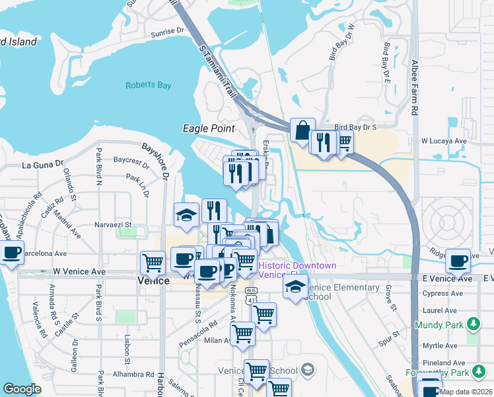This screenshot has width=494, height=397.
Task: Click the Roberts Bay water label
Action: click(149, 85)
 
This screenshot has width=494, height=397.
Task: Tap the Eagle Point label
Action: click(204, 128)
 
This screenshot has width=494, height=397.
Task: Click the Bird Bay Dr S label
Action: click(355, 126)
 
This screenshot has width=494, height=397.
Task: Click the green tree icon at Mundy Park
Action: click(473, 324)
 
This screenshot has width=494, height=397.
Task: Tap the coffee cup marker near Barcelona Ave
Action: click(12, 252)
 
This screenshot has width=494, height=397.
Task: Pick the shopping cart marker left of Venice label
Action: click(153, 263)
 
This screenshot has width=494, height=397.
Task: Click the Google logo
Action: click(22, 389)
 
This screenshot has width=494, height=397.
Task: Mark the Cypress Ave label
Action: click(444, 292)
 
